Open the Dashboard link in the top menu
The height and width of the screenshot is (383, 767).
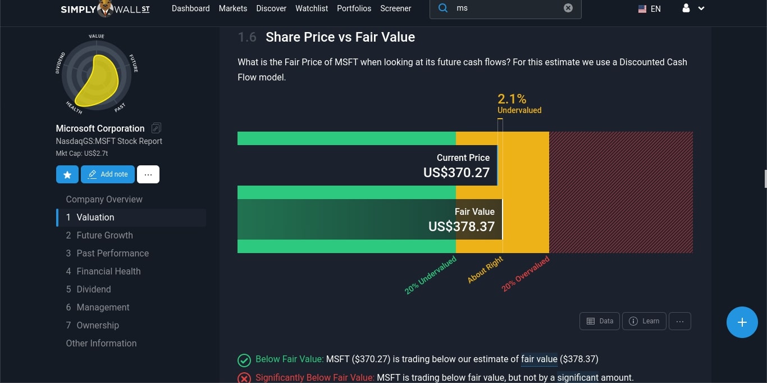(x=190, y=8)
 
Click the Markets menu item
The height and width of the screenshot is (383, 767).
(x=232, y=8)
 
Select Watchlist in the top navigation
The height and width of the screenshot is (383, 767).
(x=312, y=8)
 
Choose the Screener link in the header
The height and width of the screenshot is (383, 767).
(x=395, y=8)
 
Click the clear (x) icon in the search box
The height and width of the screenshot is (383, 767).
(x=568, y=8)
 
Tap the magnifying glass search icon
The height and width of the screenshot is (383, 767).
(x=443, y=8)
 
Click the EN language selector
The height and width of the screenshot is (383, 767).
(x=650, y=9)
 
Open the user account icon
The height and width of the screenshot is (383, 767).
(x=686, y=8)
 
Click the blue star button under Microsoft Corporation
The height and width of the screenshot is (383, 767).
(x=67, y=174)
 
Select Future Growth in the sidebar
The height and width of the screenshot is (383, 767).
(x=104, y=235)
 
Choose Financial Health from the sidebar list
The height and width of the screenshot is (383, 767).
(x=108, y=271)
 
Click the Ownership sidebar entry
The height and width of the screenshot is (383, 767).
(x=98, y=325)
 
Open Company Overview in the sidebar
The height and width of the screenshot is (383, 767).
(x=104, y=199)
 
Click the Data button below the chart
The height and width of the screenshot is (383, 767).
(x=600, y=321)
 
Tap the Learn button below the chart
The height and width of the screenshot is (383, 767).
(x=644, y=321)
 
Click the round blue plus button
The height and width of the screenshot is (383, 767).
(x=742, y=322)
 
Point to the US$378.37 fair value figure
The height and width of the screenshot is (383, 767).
(x=462, y=227)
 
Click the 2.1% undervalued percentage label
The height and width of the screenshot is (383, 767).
(x=512, y=100)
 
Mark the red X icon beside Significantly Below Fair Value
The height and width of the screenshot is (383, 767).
(x=244, y=378)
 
